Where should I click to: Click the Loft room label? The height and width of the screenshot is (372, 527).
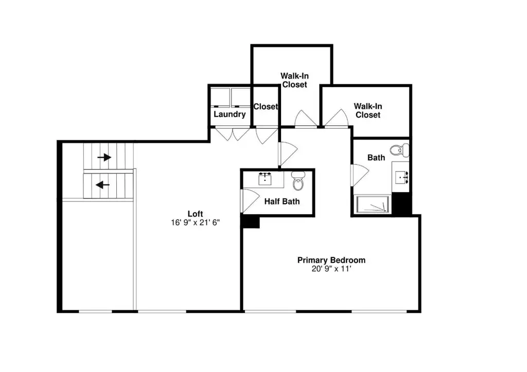tap(195, 214)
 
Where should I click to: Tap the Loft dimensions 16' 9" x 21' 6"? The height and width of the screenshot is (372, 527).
tap(195, 223)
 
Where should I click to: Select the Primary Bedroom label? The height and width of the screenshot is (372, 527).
tap(331, 260)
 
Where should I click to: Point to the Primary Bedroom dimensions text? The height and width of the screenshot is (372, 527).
tap(331, 269)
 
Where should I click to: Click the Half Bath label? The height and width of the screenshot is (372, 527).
tap(282, 201)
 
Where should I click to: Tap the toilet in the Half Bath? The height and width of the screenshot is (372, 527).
tap(298, 181)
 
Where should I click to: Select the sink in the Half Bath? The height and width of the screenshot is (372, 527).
tap(265, 179)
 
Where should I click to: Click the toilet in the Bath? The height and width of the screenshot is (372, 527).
tap(400, 150)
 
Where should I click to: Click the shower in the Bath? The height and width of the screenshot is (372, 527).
tap(373, 204)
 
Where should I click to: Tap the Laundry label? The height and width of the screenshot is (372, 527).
tap(230, 114)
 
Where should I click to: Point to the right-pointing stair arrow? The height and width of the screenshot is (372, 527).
tap(104, 157)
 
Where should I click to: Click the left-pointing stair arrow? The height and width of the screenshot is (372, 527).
tap(102, 184)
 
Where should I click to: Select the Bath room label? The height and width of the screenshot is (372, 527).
tap(376, 158)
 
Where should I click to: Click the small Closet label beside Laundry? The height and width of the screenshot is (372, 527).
tap(266, 107)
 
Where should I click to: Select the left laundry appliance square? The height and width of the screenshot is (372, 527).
tap(220, 97)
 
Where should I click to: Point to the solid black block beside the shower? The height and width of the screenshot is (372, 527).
tap(401, 204)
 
